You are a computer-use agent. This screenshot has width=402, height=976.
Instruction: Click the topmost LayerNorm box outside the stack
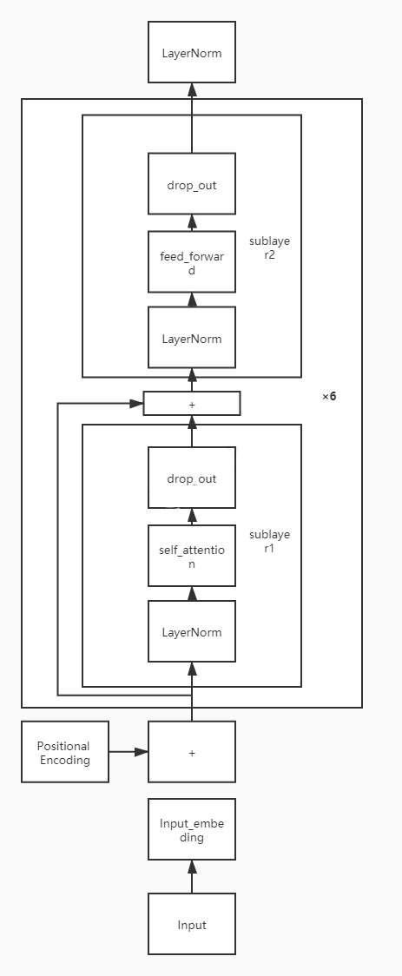tap(192, 53)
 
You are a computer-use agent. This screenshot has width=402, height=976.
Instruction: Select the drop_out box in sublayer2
tap(192, 184)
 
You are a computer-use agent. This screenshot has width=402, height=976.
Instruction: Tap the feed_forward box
tap(192, 262)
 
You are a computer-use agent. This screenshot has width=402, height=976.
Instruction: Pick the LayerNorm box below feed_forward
tap(192, 339)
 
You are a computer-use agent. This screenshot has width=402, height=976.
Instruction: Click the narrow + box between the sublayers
tap(192, 404)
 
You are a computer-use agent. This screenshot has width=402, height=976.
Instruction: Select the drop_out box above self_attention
tap(192, 478)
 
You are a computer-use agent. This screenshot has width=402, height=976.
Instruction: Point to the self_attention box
tap(192, 556)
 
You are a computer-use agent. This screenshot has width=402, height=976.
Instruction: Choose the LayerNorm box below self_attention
tap(192, 632)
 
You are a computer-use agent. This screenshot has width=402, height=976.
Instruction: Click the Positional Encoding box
tap(65, 753)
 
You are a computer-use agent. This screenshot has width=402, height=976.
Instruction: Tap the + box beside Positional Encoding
tap(192, 753)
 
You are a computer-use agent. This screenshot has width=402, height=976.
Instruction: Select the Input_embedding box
tap(192, 831)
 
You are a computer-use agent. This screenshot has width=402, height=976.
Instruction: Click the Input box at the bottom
tap(192, 925)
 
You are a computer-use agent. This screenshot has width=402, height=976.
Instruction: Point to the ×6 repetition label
tap(329, 396)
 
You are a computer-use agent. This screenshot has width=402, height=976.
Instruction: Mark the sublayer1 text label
tap(269, 541)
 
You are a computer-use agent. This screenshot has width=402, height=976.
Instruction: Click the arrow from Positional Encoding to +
tap(129, 753)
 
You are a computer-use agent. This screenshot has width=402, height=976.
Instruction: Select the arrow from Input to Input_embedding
tap(192, 879)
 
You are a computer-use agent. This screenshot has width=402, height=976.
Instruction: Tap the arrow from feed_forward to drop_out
tap(192, 222)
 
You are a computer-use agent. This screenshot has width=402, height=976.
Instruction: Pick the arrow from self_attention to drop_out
tap(192, 517)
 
